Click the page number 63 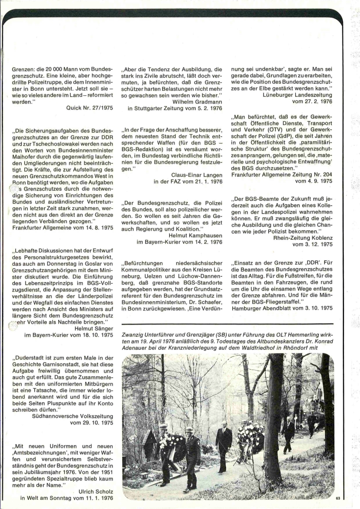click(338, 498)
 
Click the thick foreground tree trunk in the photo click(273, 416)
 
